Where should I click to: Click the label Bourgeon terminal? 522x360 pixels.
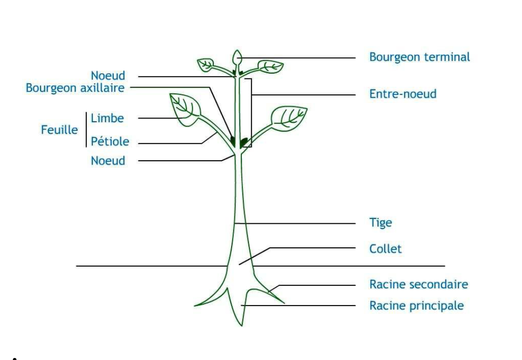pos(419,57)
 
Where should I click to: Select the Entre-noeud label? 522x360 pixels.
pos(403,94)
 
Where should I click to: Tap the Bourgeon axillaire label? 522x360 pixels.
pos(75,88)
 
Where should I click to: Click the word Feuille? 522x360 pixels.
pos(59,130)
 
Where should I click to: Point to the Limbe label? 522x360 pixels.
pos(107,118)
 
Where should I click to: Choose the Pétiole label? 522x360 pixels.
pos(110,142)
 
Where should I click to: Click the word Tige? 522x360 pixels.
pos(380,223)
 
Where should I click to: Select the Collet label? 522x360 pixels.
pos(385,249)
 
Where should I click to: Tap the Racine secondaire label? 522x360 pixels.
pos(418,284)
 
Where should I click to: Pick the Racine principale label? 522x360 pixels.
pos(416,306)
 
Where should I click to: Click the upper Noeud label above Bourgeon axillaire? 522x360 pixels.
pos(108,76)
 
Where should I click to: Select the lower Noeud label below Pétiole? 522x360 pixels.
pos(108,161)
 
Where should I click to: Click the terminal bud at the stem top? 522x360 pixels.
pos(236,58)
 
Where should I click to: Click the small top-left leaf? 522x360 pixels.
pos(206,64)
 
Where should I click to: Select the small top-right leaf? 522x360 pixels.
pos(270,66)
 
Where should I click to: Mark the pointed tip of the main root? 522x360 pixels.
pos(241,325)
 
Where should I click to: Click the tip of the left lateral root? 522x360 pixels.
pos(195,305)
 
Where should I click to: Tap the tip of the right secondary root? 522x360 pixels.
pos(284,303)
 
